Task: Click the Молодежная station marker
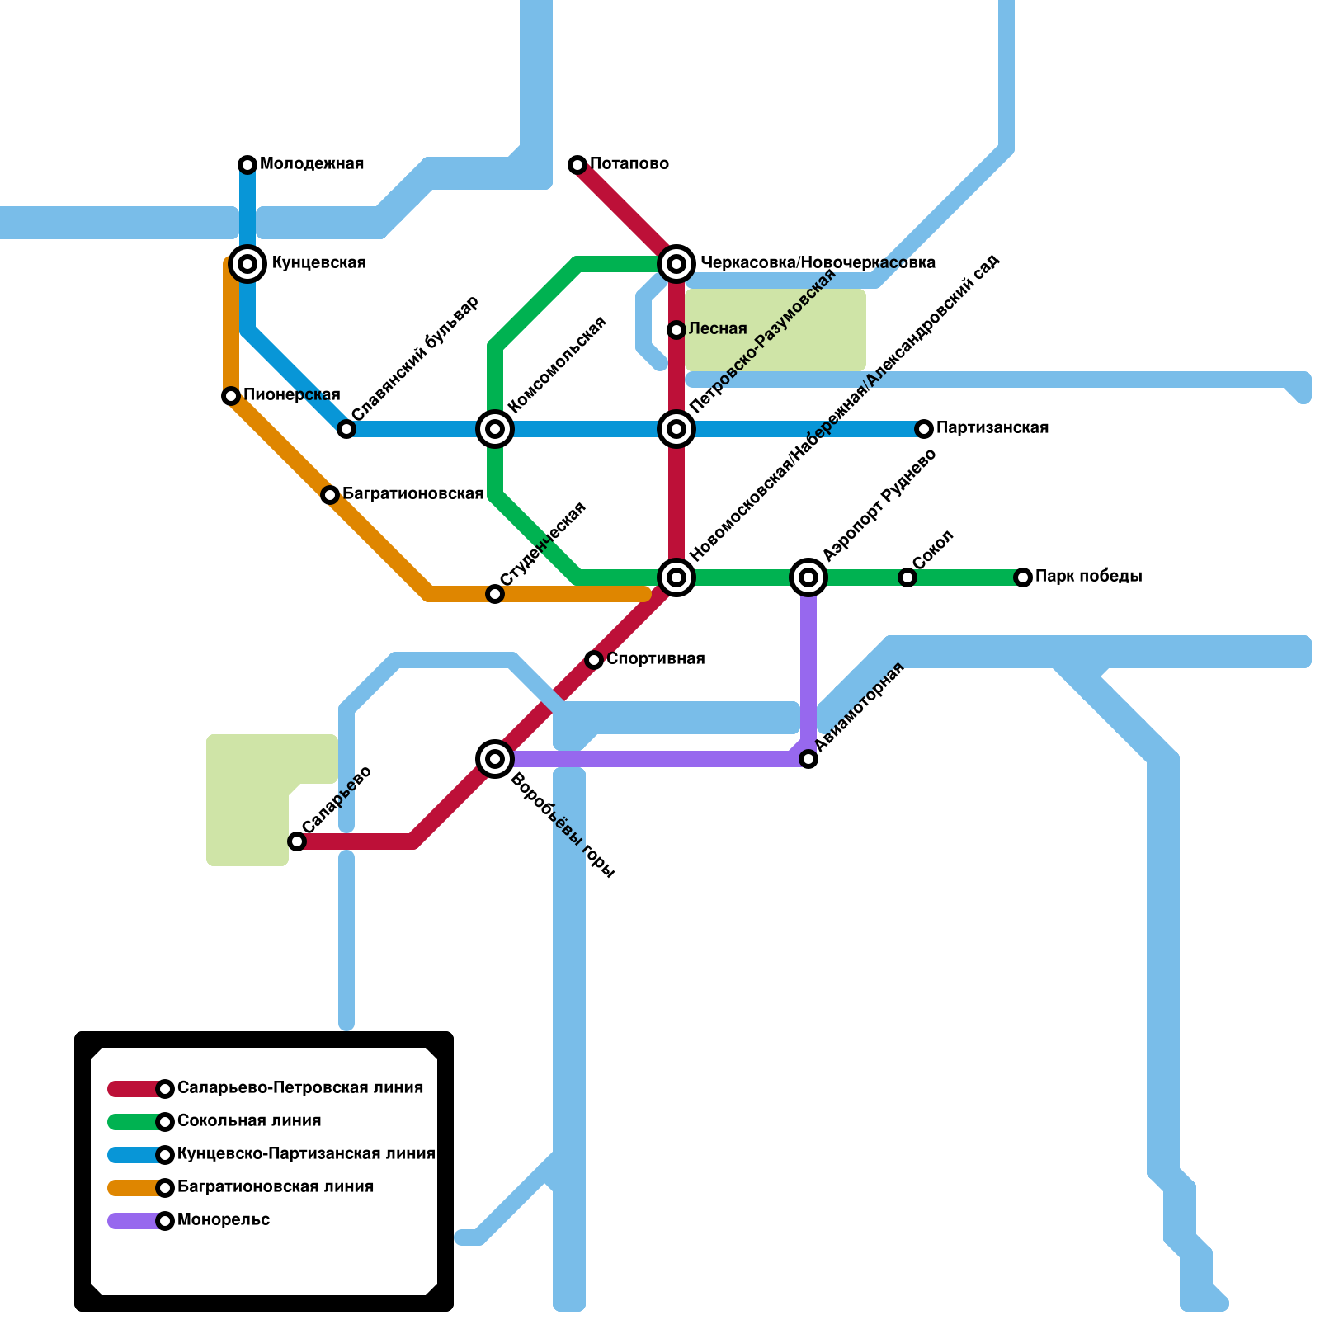click(247, 165)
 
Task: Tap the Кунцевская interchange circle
click(247, 264)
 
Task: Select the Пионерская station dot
click(231, 396)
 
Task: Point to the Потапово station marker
click(577, 165)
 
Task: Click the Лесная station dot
click(676, 330)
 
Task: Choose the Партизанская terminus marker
click(924, 429)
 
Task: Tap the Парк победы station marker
click(1023, 577)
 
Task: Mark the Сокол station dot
click(907, 577)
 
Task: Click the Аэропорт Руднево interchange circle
click(808, 577)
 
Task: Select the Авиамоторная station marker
click(808, 759)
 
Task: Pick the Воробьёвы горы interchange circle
click(495, 759)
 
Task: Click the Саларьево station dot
click(297, 841)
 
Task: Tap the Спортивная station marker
click(594, 660)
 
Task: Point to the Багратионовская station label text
click(412, 494)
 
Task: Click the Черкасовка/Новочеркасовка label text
click(818, 263)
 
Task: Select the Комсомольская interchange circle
click(495, 429)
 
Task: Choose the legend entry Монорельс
click(224, 1220)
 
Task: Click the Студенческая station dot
click(495, 594)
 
